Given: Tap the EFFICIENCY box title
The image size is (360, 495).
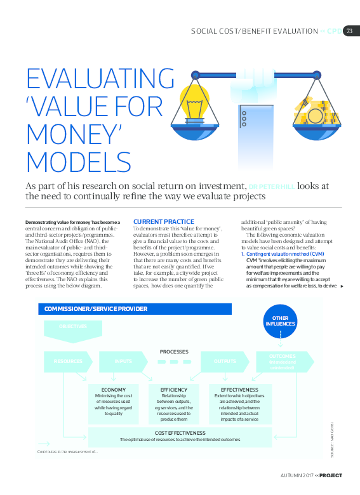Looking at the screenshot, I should pyautogui.click(x=174, y=389).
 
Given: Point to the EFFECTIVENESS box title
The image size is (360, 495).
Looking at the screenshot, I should pyautogui.click(x=239, y=389).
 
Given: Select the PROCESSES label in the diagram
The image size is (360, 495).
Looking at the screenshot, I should pyautogui.click(x=174, y=351).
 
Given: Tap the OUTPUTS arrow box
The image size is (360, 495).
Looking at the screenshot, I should pyautogui.click(x=226, y=361).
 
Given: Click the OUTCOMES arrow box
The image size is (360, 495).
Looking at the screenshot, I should pyautogui.click(x=283, y=361).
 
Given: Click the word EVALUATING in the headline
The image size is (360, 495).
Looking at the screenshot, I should pyautogui.click(x=100, y=79).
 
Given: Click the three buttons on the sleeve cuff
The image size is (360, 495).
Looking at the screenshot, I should pyautogui.click(x=243, y=117).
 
